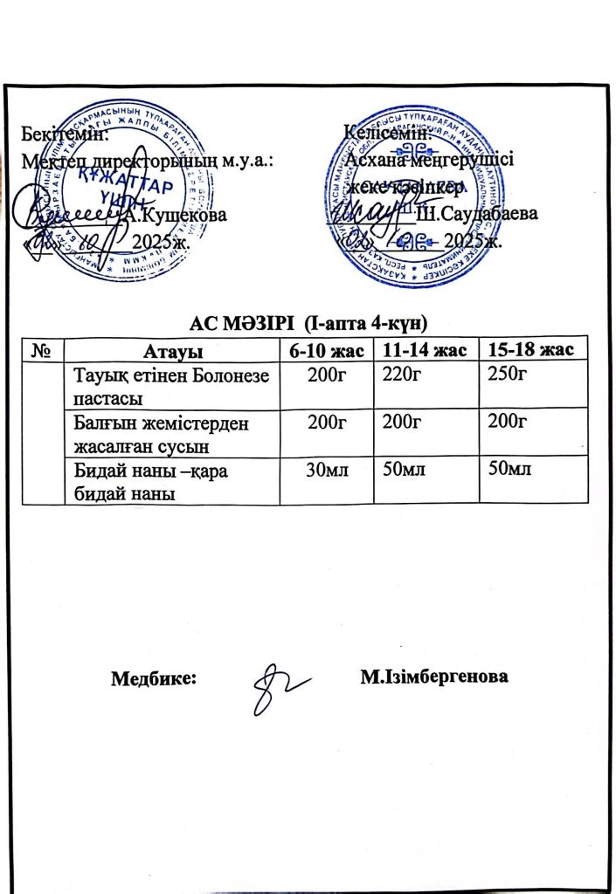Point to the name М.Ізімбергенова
(x=434, y=677)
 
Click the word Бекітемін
(x=66, y=136)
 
